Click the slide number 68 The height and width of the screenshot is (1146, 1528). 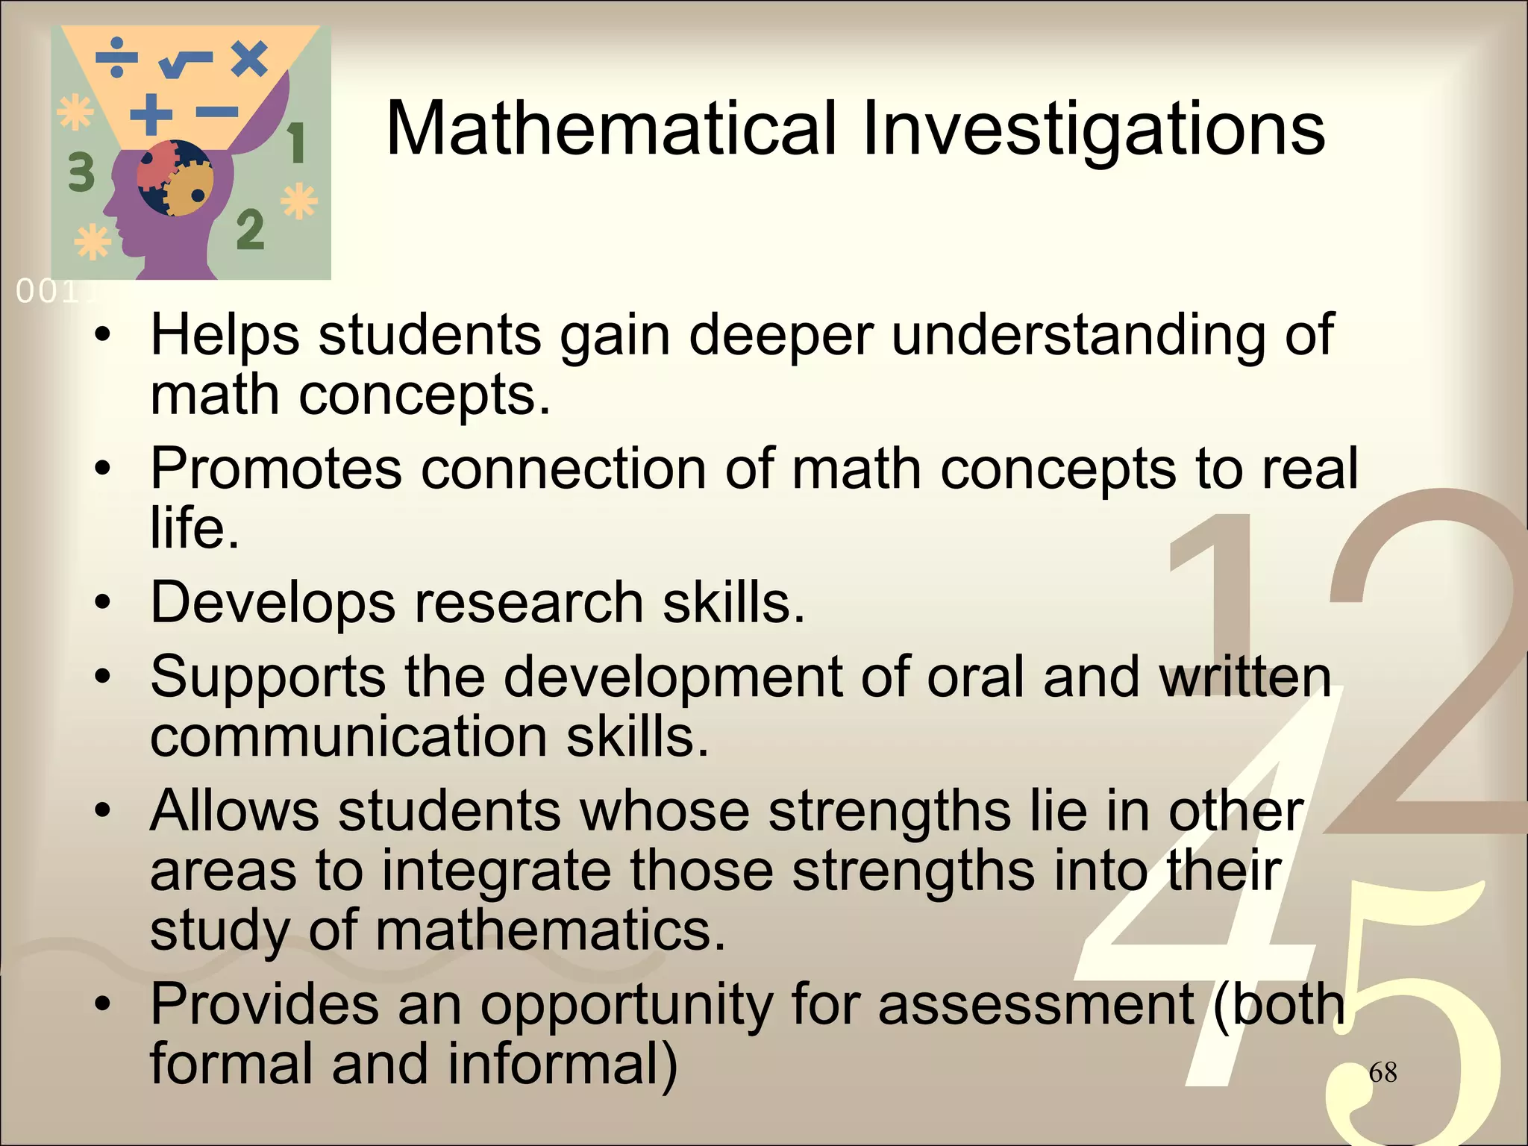[x=1383, y=1073]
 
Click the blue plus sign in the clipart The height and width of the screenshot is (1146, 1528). [x=151, y=115]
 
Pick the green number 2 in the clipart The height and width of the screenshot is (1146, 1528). [x=251, y=231]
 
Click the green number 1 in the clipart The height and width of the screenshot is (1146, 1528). [x=296, y=143]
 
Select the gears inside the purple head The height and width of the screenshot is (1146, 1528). [x=175, y=178]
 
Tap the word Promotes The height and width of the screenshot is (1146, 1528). [x=276, y=469]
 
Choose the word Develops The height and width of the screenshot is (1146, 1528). [x=272, y=603]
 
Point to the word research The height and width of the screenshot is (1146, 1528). [x=529, y=603]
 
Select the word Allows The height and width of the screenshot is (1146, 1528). [x=237, y=811]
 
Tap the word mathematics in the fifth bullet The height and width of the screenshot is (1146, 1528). [x=550, y=930]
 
